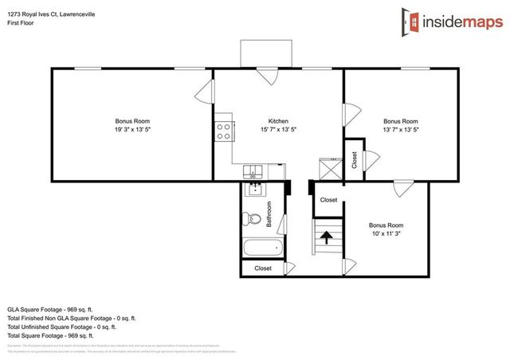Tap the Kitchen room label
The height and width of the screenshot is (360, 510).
[x=278, y=121]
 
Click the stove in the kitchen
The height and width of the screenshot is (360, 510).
[x=223, y=130]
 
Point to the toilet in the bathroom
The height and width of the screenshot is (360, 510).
[x=253, y=218]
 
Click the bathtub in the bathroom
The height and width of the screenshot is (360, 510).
[x=264, y=248]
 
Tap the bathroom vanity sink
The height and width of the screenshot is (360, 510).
[x=255, y=190]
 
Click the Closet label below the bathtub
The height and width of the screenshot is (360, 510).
[x=263, y=268]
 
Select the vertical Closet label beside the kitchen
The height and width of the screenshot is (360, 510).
[x=354, y=160]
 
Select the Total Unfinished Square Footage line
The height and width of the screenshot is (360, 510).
[x=61, y=327]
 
